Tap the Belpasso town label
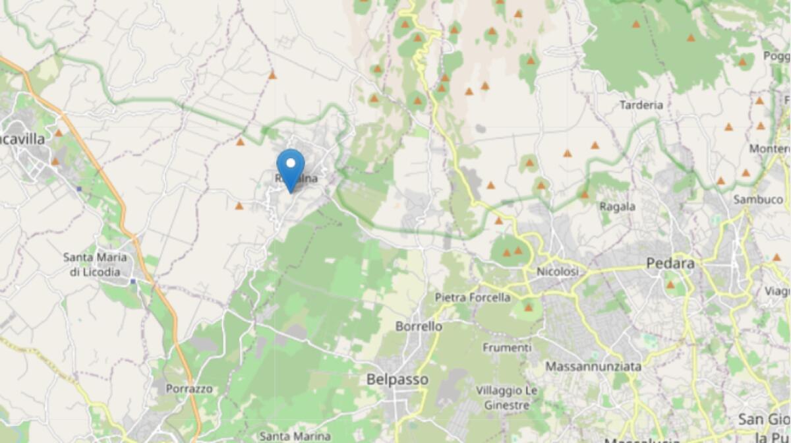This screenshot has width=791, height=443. point(397,380)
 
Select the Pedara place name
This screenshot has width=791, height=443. point(670,264)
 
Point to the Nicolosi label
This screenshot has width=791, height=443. point(557,272)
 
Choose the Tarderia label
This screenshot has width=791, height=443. point(641,105)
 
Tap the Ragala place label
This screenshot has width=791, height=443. point(617,206)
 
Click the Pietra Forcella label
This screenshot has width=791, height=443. point(473,297)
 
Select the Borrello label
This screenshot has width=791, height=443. point(419,326)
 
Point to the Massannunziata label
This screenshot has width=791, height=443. point(594,365)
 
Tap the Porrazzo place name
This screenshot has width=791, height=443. point(189,389)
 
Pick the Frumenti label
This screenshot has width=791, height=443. point(507,347)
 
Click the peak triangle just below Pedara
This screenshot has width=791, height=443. point(670,285)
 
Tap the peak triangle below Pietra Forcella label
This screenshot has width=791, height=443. point(528,307)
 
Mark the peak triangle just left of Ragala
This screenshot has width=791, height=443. point(584,194)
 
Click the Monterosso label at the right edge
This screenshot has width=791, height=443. point(770,149)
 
